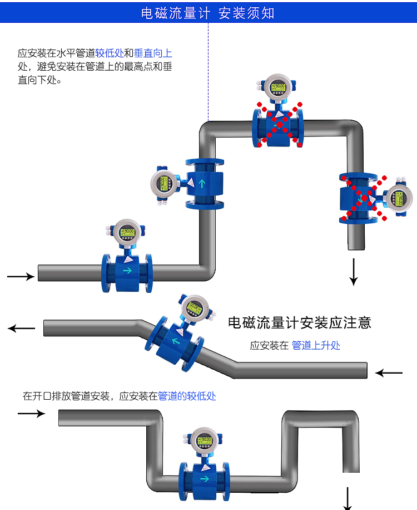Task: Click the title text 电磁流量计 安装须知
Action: (208, 13)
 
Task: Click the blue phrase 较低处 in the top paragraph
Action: (109, 53)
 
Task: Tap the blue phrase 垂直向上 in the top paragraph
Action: (153, 53)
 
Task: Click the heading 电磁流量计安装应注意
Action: (299, 322)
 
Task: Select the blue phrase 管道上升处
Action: (316, 346)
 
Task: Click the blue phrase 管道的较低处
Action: (187, 396)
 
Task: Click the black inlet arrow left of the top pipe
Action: (21, 276)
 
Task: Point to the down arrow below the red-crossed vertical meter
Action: (353, 272)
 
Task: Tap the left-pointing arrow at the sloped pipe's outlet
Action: (21, 328)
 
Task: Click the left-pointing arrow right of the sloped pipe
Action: (389, 372)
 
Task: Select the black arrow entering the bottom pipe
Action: (31, 413)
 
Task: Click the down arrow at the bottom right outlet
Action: (348, 498)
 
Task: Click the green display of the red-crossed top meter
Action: (277, 87)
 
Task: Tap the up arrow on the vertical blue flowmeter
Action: (204, 183)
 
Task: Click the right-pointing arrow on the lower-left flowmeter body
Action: (127, 271)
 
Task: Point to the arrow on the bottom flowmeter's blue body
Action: (204, 478)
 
